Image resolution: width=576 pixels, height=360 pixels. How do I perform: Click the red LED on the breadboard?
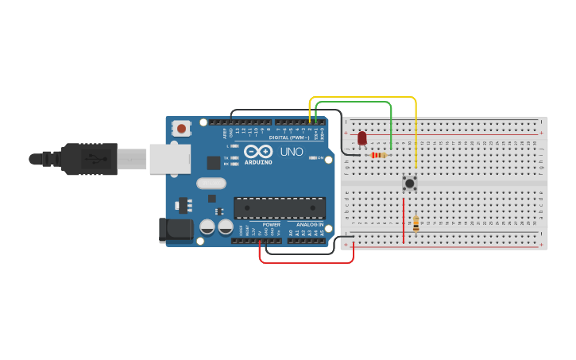362,139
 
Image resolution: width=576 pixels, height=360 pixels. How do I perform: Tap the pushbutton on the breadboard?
410,183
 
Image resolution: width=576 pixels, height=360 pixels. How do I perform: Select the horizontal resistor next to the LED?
379,155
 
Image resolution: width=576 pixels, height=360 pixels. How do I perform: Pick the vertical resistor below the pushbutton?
416,223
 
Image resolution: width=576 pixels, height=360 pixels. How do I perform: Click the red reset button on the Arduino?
182,128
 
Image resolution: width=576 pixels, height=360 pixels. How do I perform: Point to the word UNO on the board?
291,152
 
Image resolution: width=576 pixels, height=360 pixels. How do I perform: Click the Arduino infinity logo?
258,151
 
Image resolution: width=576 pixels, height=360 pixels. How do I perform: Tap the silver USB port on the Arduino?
170,159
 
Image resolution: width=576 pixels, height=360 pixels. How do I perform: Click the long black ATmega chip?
279,208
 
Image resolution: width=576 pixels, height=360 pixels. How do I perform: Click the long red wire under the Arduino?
306,262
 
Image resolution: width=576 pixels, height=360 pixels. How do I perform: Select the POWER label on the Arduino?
271,225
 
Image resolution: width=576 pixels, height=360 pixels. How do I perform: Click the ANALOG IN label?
311,225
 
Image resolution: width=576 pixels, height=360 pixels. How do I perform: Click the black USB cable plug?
87,159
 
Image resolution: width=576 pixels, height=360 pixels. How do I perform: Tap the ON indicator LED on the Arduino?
311,158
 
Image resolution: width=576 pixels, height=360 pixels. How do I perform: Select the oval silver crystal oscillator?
211,184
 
